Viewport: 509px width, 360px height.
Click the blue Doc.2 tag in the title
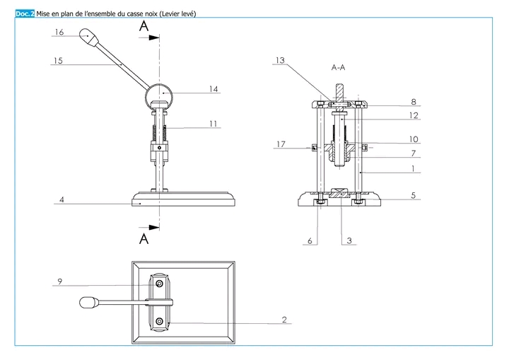pyautogui.click(x=25, y=13)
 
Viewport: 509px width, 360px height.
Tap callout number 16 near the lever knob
pyautogui.click(x=59, y=32)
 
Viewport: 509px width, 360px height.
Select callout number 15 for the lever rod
pyautogui.click(x=58, y=60)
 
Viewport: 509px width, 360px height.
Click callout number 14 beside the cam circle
pyautogui.click(x=213, y=88)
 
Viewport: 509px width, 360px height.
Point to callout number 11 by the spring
pyautogui.click(x=213, y=124)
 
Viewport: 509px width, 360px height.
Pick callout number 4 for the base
pyautogui.click(x=62, y=199)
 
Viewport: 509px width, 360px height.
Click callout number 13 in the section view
pyautogui.click(x=280, y=60)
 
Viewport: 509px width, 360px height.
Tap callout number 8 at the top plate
pyautogui.click(x=414, y=102)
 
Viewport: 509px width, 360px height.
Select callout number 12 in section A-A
pyautogui.click(x=414, y=115)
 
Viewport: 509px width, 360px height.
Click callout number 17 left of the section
pyautogui.click(x=281, y=144)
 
